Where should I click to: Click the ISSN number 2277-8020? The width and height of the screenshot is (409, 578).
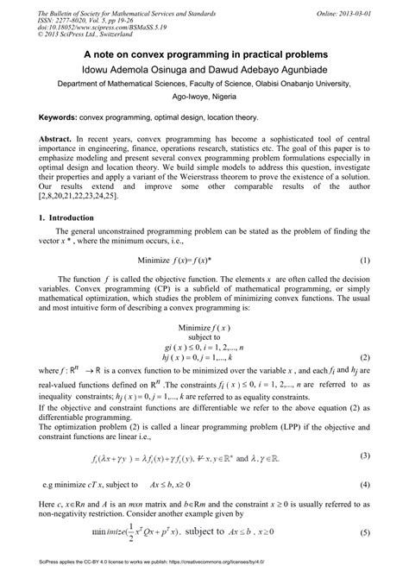[70, 16]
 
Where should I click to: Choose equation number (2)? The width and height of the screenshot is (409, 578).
[364, 356]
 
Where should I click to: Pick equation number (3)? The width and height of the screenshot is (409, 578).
[364, 479]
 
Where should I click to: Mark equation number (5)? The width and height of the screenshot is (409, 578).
[364, 557]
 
